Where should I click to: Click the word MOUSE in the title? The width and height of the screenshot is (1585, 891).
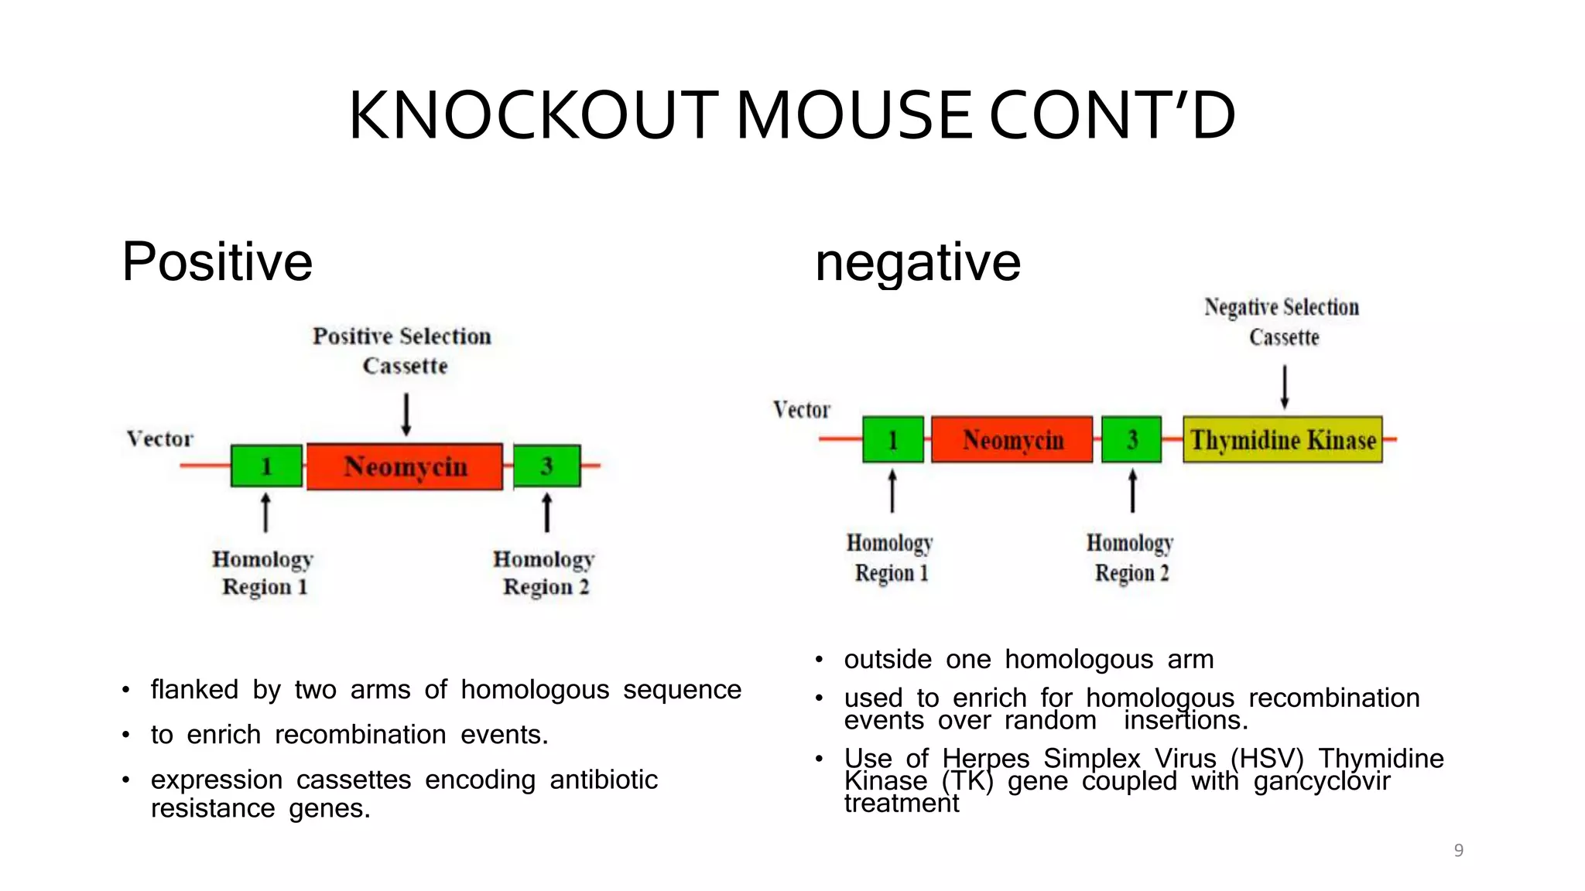click(x=854, y=115)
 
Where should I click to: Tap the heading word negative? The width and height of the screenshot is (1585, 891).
click(x=918, y=263)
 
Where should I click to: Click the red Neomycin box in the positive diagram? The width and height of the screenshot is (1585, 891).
click(x=405, y=466)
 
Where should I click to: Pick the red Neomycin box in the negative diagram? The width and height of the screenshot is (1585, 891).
click(x=1012, y=440)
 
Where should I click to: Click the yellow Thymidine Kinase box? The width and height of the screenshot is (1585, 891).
click(x=1282, y=440)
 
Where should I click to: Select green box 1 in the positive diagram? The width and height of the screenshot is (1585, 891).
click(x=266, y=466)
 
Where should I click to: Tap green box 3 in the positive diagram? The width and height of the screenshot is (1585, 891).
click(x=546, y=466)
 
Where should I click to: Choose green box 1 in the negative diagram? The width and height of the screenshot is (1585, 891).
click(x=892, y=439)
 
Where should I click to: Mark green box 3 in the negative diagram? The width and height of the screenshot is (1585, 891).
click(x=1131, y=439)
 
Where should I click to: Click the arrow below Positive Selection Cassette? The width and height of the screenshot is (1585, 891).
click(x=406, y=414)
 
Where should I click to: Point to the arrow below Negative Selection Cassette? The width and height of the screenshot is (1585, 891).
click(x=1285, y=386)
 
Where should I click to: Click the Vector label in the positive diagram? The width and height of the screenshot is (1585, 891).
click(x=160, y=439)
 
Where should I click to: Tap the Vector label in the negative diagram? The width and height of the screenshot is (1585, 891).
click(x=802, y=409)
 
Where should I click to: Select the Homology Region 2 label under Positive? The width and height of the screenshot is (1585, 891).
click(x=544, y=572)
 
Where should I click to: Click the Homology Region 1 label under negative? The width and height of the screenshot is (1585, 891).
click(x=890, y=558)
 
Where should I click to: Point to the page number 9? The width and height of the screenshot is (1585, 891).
click(x=1459, y=851)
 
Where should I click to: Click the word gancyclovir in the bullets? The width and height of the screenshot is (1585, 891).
click(x=1322, y=781)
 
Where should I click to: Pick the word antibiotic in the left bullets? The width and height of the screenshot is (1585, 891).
click(x=604, y=780)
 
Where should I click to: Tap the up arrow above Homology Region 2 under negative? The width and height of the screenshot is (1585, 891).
click(x=1132, y=490)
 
